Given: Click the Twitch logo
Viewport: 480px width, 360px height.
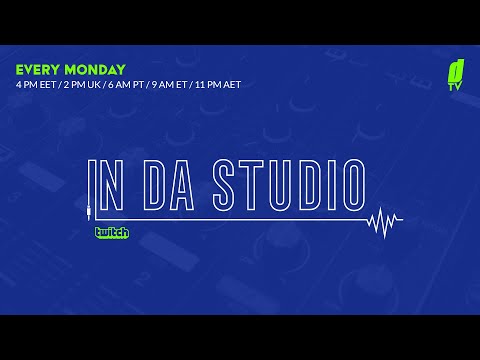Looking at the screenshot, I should (111, 232).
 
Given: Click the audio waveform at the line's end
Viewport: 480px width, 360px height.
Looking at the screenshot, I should (385, 219).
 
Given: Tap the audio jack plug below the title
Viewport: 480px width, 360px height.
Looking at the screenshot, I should (90, 211).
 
